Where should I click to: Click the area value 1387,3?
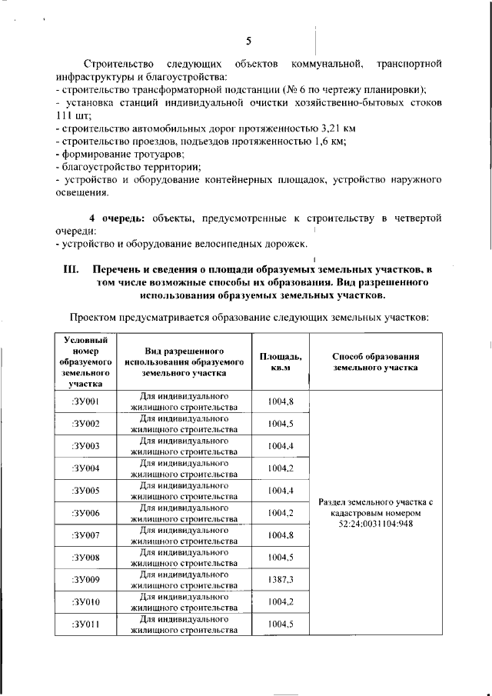pos(281,579)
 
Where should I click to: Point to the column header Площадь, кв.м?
pos(281,361)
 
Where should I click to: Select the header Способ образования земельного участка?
pos(375,361)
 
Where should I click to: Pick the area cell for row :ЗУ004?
pos(281,468)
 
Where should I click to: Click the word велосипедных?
pos(212,245)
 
